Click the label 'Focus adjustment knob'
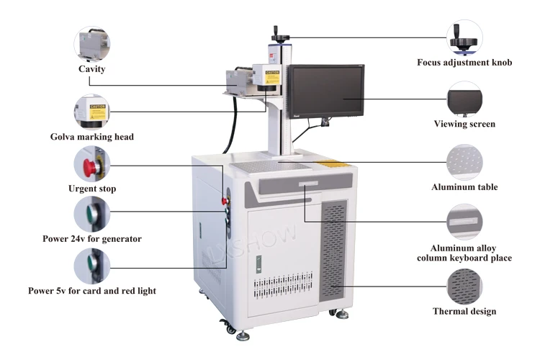coord(464,63)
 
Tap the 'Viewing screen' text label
coord(464,125)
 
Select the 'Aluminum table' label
coord(464,187)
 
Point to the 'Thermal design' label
coord(464,312)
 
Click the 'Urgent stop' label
coord(92,189)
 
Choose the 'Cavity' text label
coord(92,69)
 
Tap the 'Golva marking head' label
coord(92,137)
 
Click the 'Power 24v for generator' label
coord(91,238)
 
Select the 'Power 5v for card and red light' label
coord(92,291)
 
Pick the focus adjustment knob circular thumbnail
coord(464,37)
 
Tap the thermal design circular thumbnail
coord(464,287)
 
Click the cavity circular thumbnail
coord(92,45)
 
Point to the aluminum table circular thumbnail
coord(464,162)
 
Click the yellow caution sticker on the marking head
coord(271,76)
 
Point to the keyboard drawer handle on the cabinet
coord(305,185)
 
